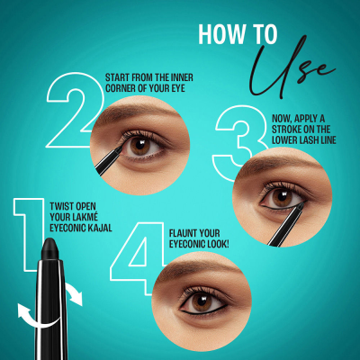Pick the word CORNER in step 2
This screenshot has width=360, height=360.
pyautogui.click(x=121, y=87)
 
